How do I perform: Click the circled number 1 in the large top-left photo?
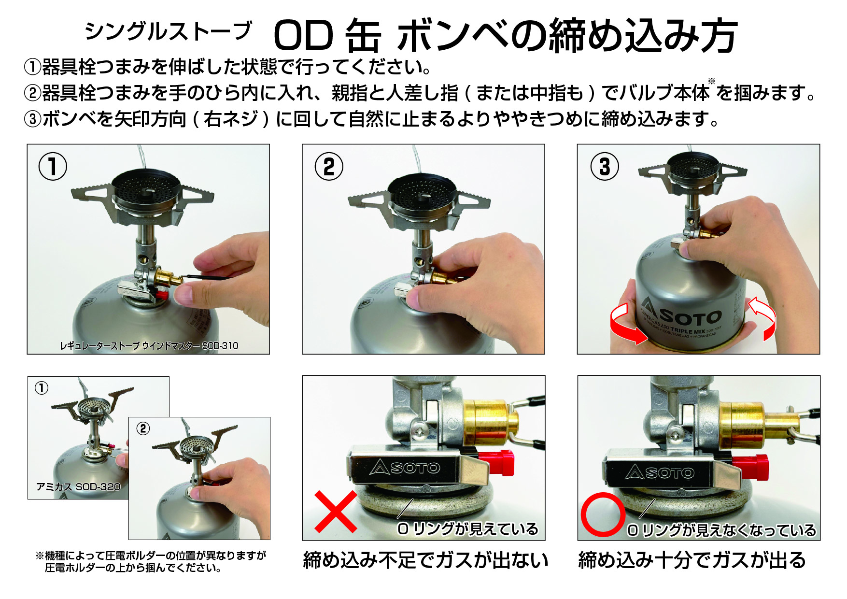(53, 167)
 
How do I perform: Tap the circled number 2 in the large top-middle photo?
(329, 167)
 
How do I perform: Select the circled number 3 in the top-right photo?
(605, 167)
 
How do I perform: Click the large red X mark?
(336, 511)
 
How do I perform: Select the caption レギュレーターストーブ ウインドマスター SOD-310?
(149, 346)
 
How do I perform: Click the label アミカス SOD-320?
(78, 487)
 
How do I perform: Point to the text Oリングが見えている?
(467, 529)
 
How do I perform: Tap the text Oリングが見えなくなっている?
(721, 530)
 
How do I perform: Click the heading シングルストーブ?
(168, 31)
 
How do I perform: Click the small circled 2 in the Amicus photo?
(143, 428)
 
